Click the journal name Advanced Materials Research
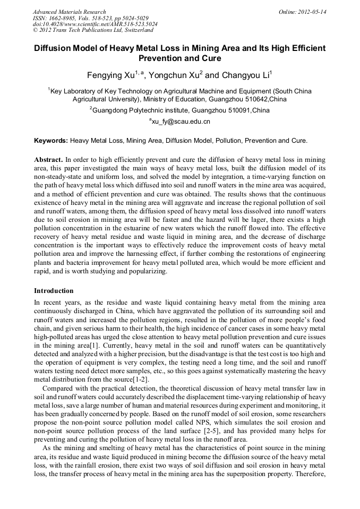click(69, 12)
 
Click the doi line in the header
click(95, 24)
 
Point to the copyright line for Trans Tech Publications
click(93, 30)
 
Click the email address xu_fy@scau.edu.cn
click(181, 122)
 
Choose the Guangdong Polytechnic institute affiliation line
click(181, 110)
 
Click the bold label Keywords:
click(51, 141)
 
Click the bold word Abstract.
click(48, 159)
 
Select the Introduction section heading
click(54, 291)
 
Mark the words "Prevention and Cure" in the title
click(179, 58)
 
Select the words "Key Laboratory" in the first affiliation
click(73, 91)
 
